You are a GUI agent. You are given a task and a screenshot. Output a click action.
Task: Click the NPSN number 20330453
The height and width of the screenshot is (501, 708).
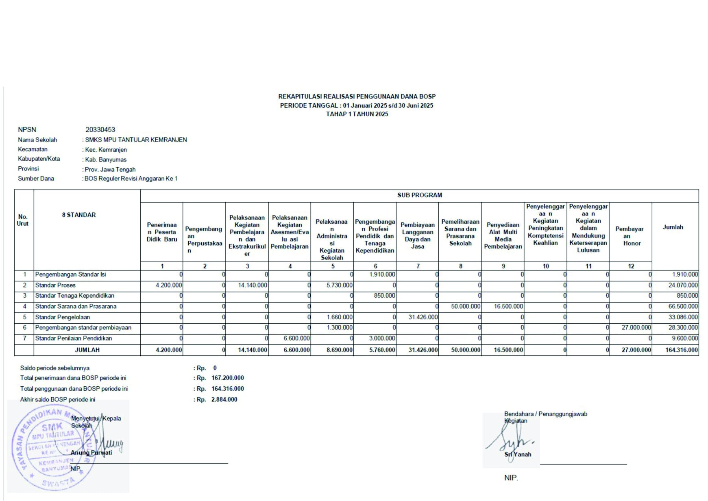(x=100, y=130)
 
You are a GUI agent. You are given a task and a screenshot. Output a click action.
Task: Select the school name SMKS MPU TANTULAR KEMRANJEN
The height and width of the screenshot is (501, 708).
(x=136, y=140)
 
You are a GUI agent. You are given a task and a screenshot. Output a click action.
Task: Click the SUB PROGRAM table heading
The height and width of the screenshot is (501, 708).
(x=419, y=195)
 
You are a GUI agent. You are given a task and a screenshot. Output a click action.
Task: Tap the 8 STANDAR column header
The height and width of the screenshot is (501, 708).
(x=79, y=215)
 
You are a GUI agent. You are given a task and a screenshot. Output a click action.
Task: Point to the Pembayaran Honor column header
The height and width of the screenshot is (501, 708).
(x=630, y=236)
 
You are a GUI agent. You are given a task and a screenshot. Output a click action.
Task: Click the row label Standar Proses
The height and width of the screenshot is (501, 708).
(x=55, y=285)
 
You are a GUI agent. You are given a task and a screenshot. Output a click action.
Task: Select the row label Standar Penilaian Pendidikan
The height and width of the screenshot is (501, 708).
(x=74, y=338)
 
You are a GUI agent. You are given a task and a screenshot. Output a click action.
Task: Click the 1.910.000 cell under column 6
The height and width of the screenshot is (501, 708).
(x=382, y=274)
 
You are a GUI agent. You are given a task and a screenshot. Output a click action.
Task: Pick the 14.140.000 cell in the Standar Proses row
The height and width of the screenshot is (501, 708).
(x=253, y=285)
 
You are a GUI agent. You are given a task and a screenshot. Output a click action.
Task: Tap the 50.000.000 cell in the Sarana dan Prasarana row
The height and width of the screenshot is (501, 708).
(x=466, y=307)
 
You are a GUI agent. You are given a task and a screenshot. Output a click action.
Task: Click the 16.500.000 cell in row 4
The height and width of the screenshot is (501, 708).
(x=508, y=307)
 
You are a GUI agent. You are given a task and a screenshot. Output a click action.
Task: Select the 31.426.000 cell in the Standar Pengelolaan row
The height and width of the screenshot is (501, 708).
(x=423, y=317)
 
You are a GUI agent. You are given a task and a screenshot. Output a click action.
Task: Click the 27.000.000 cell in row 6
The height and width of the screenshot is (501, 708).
(x=636, y=328)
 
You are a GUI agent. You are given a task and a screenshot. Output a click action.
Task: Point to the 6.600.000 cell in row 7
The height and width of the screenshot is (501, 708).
(x=296, y=338)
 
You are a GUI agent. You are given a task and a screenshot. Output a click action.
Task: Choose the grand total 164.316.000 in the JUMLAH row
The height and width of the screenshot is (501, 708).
(x=682, y=350)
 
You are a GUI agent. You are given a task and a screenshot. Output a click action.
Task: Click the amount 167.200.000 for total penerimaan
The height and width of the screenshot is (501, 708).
(x=227, y=378)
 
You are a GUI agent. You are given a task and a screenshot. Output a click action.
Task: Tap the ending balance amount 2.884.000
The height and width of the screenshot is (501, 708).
(x=224, y=400)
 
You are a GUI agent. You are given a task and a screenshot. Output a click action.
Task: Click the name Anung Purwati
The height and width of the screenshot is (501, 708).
(x=91, y=453)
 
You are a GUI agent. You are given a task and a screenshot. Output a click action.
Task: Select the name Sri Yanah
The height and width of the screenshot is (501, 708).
(x=518, y=455)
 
